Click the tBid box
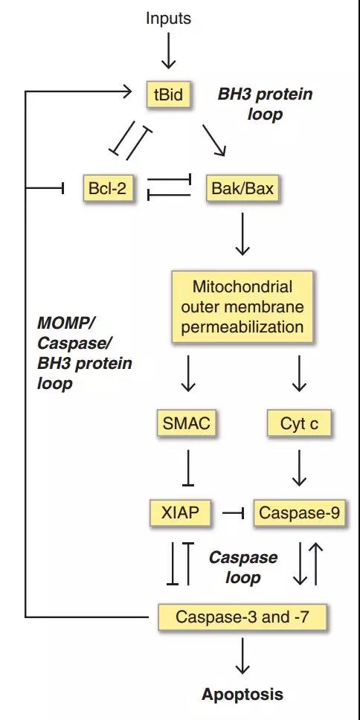coord(169,94)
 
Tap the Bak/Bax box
coord(242,187)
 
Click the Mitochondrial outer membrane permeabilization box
coord(242,306)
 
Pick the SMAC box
coord(187,423)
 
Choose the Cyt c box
coord(299,423)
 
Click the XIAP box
coord(181,512)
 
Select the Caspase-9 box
coord(300,512)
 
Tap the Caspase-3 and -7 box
coord(242,617)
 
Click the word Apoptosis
coord(242,694)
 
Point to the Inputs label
coord(168,19)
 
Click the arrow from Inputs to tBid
coord(168,51)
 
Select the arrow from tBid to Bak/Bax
coord(214,140)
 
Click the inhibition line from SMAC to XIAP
coord(187,467)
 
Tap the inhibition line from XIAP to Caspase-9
coord(233,512)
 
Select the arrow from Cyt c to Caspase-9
coord(299,467)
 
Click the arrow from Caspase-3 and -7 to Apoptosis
coord(242,655)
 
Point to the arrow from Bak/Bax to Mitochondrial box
coord(242,234)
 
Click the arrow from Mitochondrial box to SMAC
coord(187,373)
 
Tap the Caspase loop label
coord(243,567)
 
